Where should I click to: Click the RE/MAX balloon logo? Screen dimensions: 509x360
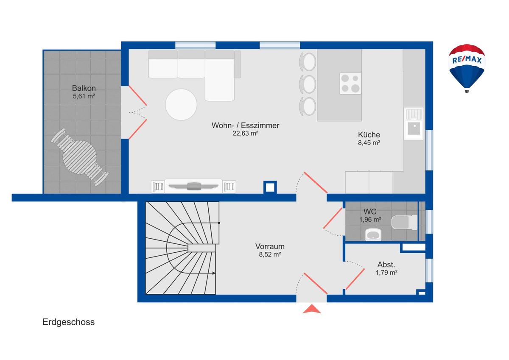(x=467, y=68)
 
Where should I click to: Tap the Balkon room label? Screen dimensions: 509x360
(x=84, y=88)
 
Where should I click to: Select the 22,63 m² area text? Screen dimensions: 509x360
(x=245, y=133)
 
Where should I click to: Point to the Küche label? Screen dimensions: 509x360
(x=369, y=135)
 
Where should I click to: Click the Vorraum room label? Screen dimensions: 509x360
(x=270, y=246)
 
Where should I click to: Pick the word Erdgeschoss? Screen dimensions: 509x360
(x=68, y=322)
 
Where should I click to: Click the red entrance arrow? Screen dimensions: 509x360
(x=312, y=309)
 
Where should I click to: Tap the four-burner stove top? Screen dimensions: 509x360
(x=350, y=84)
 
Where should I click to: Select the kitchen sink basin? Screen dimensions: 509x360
(x=414, y=129)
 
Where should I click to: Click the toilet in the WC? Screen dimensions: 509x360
(x=405, y=222)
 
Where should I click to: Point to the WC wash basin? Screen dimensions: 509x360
(x=373, y=234)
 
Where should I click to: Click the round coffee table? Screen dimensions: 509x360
(x=181, y=104)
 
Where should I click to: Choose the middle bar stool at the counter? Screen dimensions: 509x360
(x=308, y=84)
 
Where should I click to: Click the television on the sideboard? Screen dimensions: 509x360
(x=193, y=186)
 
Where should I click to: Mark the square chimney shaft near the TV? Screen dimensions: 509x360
(x=270, y=187)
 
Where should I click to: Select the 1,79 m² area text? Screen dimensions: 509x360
(x=386, y=273)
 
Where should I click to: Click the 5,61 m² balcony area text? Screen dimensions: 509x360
(x=84, y=96)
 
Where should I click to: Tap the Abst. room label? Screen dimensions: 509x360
(x=386, y=265)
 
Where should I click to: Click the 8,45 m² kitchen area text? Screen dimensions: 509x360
(x=369, y=143)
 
